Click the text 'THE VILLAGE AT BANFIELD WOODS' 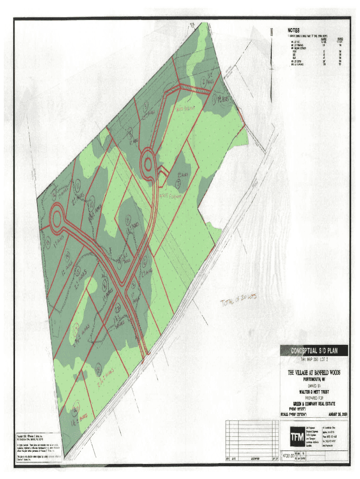pos(314,373)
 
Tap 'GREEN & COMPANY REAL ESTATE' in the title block pos(314,404)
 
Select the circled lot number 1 pos(215,99)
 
